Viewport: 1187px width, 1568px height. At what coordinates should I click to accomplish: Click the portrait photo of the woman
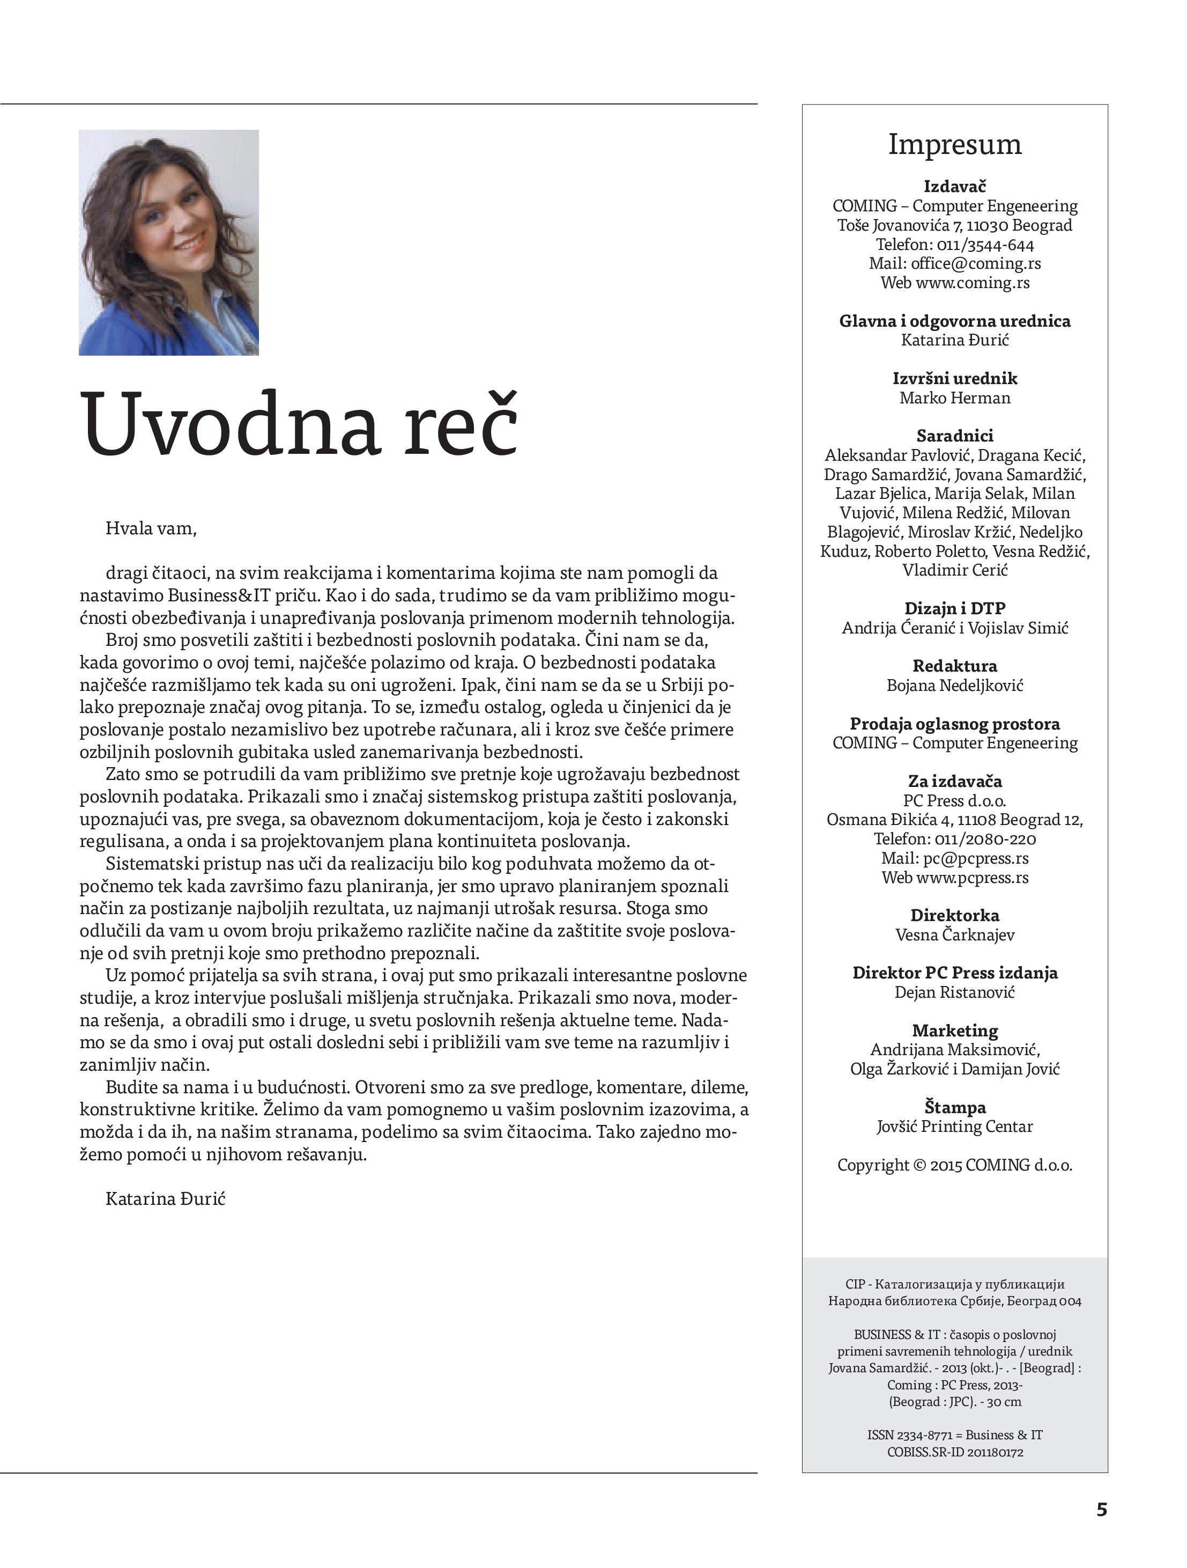tap(169, 242)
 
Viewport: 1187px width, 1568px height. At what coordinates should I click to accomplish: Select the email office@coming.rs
tap(976, 264)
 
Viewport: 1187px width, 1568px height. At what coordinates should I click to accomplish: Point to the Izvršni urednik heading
tap(954, 379)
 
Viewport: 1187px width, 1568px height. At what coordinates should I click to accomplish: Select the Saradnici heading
tap(954, 436)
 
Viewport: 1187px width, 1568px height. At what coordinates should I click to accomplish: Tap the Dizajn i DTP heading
tap(954, 608)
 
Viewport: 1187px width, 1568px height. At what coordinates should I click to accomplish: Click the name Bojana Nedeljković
tap(954, 686)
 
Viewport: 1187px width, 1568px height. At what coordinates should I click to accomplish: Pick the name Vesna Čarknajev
tap(954, 935)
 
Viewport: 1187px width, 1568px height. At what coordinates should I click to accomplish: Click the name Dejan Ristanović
tap(954, 992)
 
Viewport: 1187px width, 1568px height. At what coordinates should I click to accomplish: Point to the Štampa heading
tap(954, 1107)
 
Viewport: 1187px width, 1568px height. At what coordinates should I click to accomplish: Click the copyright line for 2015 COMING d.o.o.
tap(954, 1165)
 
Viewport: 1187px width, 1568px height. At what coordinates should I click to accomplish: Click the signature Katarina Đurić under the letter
tap(165, 1199)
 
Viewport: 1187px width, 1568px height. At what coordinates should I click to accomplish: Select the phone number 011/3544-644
tap(985, 245)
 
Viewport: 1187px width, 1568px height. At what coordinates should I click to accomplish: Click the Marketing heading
tap(954, 1030)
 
